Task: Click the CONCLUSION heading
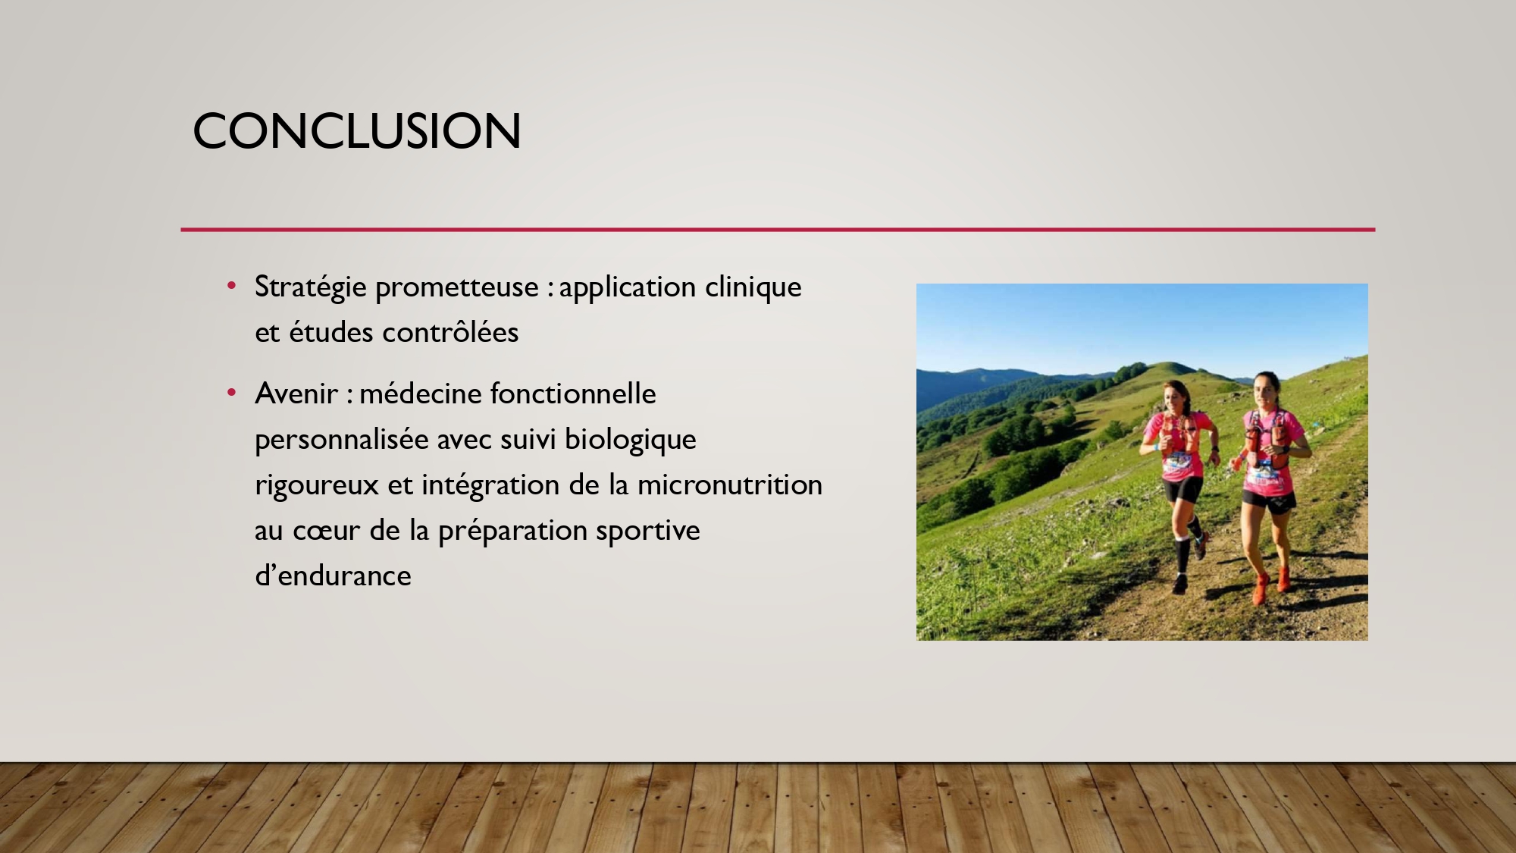357,131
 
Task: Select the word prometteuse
457,287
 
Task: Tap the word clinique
753,287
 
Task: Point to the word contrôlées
450,332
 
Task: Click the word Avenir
296,394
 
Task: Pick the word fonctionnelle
573,394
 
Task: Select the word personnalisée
342,440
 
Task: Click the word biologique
631,440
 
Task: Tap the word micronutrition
730,485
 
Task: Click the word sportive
648,531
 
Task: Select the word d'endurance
333,575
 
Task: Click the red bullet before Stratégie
232,287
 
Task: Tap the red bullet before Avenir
232,393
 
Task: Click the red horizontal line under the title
778,229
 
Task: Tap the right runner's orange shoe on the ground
1261,589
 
